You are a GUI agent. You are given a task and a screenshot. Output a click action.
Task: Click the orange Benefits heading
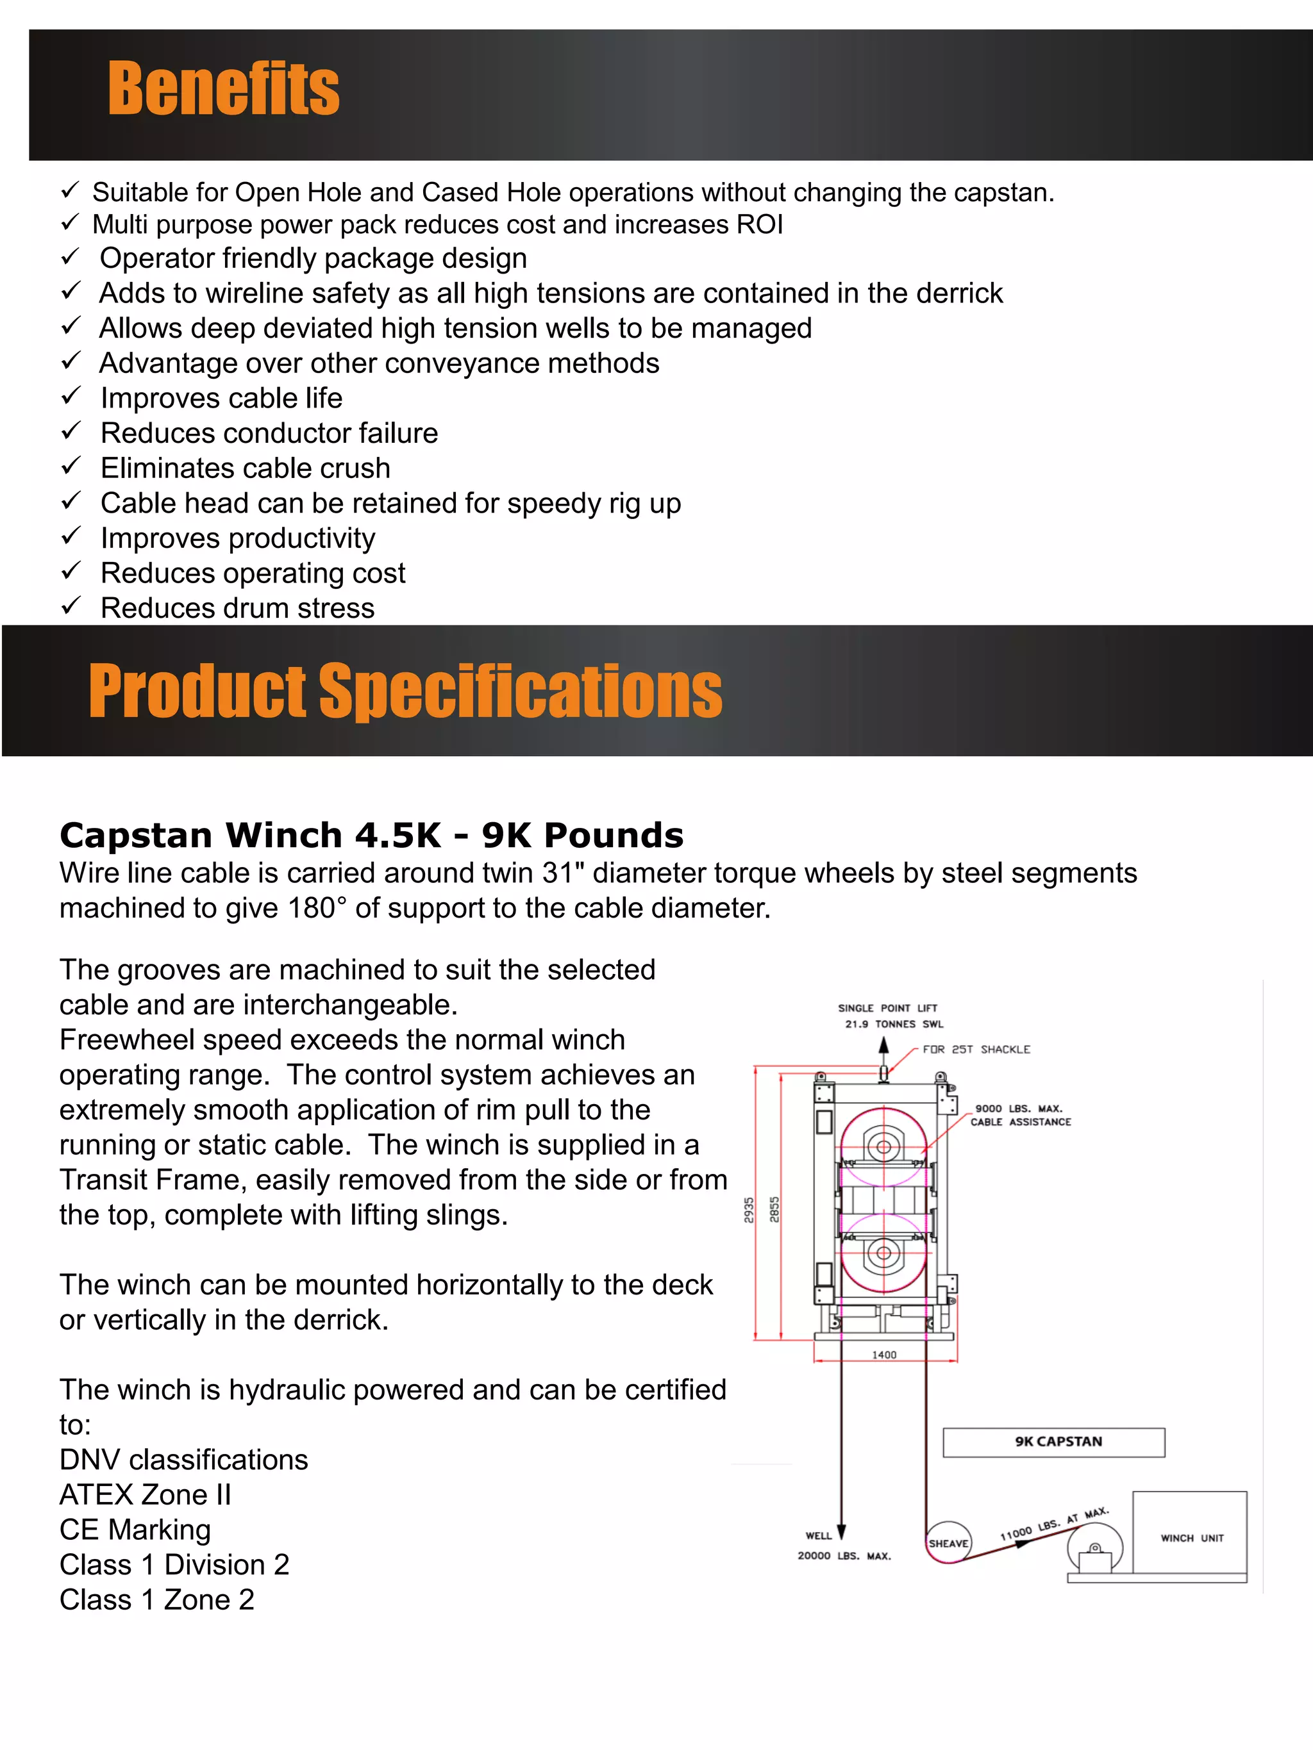tap(223, 90)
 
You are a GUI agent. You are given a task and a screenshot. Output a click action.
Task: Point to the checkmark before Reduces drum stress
tap(71, 606)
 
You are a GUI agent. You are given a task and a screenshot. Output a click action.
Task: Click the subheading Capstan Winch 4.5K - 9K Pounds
tap(371, 836)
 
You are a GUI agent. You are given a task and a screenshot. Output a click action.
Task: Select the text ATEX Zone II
tap(146, 1494)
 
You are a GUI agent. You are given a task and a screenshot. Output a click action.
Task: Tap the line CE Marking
tap(135, 1530)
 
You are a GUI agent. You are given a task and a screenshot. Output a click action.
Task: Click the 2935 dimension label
tap(749, 1210)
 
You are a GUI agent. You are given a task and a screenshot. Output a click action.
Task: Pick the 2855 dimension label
tap(775, 1209)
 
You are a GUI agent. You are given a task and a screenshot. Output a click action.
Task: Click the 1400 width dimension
tap(884, 1355)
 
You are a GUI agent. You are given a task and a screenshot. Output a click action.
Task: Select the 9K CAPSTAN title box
tap(1053, 1441)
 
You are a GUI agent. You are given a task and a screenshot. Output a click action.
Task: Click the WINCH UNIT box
tap(1191, 1537)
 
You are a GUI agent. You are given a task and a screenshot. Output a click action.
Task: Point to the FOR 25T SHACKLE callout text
tap(976, 1049)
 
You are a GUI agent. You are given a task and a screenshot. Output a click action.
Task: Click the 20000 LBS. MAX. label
tap(844, 1555)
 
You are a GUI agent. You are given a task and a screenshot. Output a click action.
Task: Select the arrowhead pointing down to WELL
tap(841, 1531)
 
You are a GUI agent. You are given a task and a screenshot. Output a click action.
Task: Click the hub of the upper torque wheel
tap(884, 1146)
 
